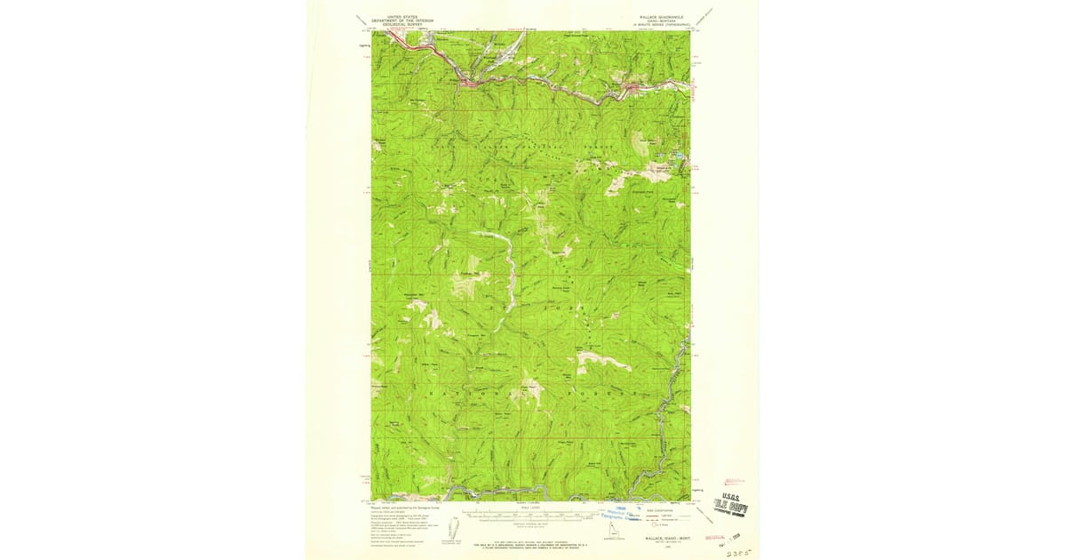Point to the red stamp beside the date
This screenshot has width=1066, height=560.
tap(715, 538)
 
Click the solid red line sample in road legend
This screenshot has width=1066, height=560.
tap(649, 516)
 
